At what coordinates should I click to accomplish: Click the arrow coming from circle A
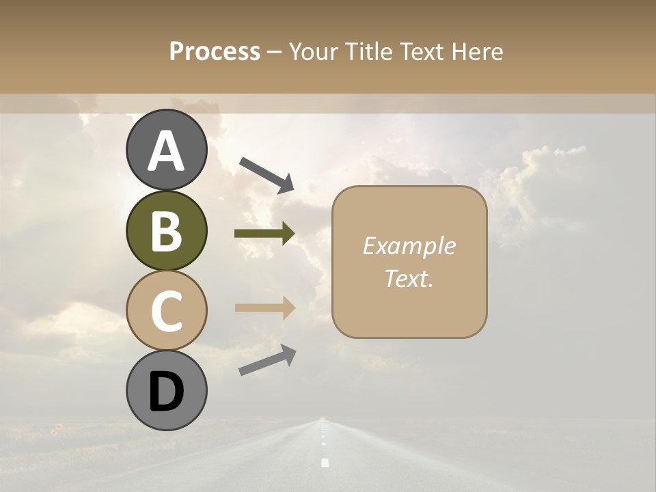click(266, 174)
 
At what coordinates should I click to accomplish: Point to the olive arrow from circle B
click(264, 234)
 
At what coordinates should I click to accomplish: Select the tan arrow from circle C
click(264, 308)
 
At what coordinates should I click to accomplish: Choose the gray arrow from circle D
click(267, 360)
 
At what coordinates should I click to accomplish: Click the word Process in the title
click(215, 51)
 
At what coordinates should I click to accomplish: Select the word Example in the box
click(409, 246)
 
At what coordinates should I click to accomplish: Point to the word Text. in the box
click(409, 278)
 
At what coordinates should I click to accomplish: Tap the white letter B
click(166, 231)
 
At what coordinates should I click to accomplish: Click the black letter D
click(166, 392)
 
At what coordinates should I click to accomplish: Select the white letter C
click(166, 311)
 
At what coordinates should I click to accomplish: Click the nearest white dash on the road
click(325, 463)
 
